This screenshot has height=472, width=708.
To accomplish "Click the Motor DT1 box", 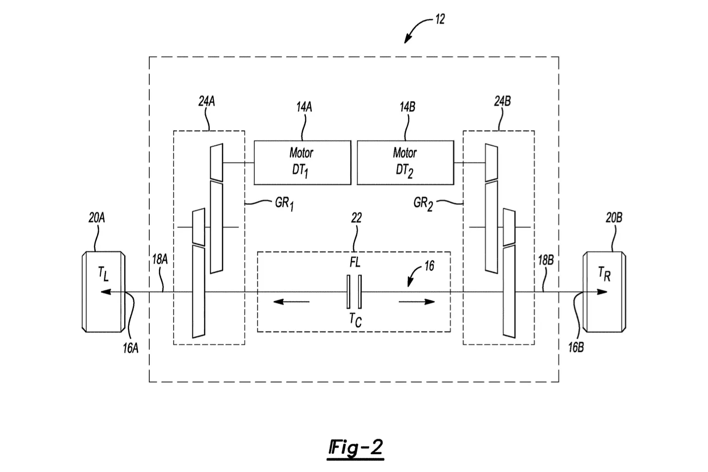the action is [x=302, y=163].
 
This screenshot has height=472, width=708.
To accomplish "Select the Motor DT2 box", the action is [x=405, y=163].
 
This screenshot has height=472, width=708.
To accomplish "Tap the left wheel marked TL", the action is [x=103, y=292].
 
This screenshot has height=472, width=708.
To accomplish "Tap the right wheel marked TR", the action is [x=605, y=292].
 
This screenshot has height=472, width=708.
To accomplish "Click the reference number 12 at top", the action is [x=440, y=19].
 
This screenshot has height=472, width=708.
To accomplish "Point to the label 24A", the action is [x=207, y=102].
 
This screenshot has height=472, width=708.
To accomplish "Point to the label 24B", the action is [x=502, y=101].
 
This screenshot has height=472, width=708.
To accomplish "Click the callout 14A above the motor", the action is [x=304, y=107].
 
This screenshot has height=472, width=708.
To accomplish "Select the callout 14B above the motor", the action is [x=408, y=107].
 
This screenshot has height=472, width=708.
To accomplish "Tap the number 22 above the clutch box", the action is [x=356, y=217].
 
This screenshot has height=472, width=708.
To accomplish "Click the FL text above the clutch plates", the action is [x=355, y=262].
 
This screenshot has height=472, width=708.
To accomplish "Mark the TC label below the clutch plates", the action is [x=355, y=320].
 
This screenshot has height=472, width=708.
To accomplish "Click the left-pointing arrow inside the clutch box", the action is [x=291, y=302].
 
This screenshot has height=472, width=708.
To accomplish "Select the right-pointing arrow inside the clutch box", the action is [x=417, y=302].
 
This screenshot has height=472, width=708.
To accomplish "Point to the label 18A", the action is [x=160, y=260].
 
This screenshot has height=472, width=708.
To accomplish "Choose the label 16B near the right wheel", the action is [x=576, y=347].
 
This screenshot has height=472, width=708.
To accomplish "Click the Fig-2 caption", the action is [x=355, y=448].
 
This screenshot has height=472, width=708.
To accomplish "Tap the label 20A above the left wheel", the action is [x=97, y=217].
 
